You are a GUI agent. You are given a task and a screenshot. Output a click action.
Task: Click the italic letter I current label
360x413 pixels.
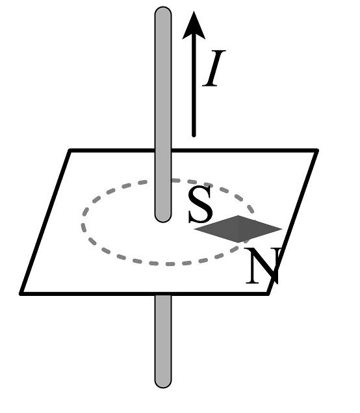click(x=214, y=68)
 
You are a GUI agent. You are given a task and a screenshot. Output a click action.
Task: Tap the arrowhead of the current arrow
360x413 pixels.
click(x=194, y=26)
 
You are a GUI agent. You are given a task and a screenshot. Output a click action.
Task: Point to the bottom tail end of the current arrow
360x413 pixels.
click(x=194, y=136)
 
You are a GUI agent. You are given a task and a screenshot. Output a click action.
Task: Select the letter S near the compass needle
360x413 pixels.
click(x=201, y=204)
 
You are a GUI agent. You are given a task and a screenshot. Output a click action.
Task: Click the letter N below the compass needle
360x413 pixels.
click(x=263, y=265)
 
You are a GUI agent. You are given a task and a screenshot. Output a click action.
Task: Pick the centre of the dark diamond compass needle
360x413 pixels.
click(x=238, y=229)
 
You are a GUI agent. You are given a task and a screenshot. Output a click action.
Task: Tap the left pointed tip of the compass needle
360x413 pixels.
click(x=194, y=229)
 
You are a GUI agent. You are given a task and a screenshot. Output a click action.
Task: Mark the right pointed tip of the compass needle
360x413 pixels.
click(x=282, y=229)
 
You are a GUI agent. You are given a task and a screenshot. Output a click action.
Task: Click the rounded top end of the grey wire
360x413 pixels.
click(x=163, y=10)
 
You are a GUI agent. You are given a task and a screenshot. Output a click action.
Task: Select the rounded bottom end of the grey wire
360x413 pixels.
click(x=163, y=384)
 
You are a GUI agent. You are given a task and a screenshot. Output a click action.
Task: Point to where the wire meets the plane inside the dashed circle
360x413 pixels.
click(x=163, y=219)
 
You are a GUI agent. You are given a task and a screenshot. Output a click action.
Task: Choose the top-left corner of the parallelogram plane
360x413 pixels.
click(x=70, y=150)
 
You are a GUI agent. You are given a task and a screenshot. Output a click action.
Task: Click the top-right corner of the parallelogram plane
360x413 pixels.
click(x=317, y=150)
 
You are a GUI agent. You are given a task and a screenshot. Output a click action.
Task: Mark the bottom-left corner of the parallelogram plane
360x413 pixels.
click(x=21, y=294)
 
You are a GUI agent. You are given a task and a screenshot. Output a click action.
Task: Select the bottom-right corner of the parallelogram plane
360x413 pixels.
click(x=268, y=293)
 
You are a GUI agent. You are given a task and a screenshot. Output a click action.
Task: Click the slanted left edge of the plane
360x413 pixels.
click(x=45, y=222)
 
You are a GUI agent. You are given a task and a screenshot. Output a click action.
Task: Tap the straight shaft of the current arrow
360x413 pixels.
click(x=194, y=87)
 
